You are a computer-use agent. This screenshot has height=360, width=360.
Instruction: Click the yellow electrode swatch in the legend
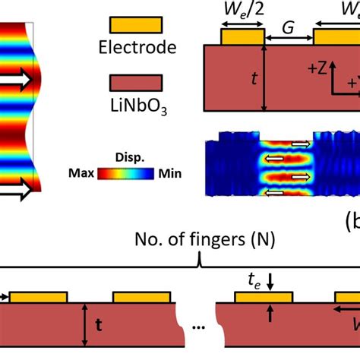(x=130, y=25)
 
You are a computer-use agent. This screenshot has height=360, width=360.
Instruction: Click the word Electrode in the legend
(x=137, y=48)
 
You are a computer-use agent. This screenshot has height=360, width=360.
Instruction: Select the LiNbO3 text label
(x=139, y=108)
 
